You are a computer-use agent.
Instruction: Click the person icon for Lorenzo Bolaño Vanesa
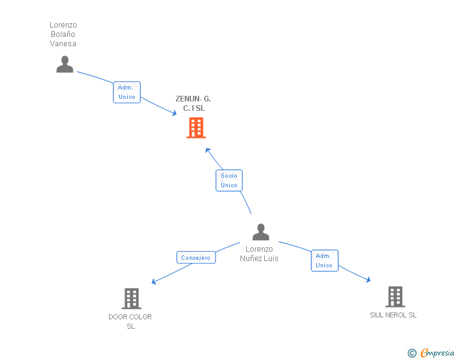pos(65,64)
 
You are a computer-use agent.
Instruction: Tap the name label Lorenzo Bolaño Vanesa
pos(63,34)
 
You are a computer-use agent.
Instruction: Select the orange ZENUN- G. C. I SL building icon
pos(196,128)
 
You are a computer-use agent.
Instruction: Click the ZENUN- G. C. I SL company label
pos(194,103)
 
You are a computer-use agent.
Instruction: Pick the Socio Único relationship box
pos(229,180)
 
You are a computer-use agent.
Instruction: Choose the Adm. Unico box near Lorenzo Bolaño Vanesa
pos(127,92)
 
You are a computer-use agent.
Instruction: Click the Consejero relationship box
pos(196,257)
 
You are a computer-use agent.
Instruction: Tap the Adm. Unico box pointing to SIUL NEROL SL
pos(324,260)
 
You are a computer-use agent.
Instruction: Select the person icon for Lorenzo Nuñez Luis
pos(261,232)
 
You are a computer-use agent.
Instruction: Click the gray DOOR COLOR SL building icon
pos(131,299)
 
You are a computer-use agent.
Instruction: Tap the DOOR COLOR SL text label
pos(130,321)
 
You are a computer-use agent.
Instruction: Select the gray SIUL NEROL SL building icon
pos(395,296)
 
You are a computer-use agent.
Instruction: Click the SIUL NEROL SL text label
pos(393,315)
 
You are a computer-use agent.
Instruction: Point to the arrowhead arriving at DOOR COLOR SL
pos(154,282)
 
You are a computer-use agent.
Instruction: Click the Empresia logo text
pos(437,353)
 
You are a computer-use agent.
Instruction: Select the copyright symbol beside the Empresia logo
pos(412,353)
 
